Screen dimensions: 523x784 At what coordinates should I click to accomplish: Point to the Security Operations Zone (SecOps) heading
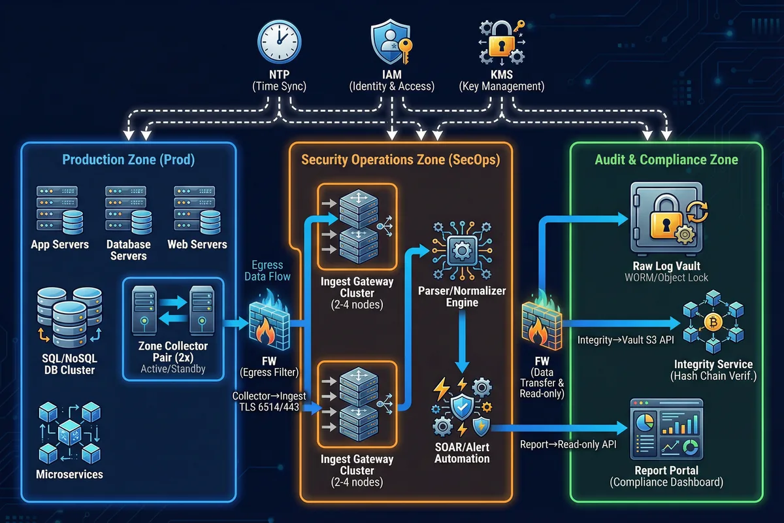click(400, 160)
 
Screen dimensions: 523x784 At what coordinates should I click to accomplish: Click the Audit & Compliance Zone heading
click(666, 160)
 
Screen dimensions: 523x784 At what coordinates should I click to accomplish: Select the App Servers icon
click(59, 211)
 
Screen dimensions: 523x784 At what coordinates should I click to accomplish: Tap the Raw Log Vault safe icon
click(666, 218)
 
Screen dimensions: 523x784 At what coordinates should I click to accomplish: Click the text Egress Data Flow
click(267, 271)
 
